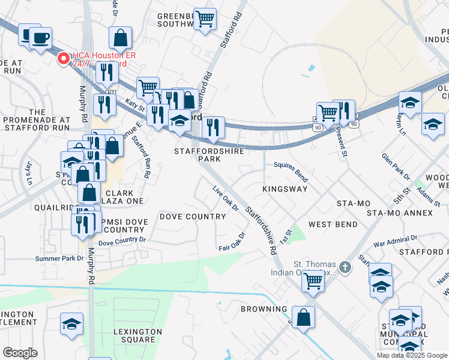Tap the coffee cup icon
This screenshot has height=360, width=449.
point(41,38)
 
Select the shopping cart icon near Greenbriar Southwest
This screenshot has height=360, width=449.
point(205,19)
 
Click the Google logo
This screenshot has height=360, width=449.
point(20,353)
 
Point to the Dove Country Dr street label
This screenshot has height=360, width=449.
point(122,242)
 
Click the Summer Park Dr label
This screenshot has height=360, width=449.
point(59,259)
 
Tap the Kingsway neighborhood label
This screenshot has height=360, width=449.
point(285,189)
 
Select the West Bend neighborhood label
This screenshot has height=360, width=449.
point(333,224)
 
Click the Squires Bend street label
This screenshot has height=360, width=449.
point(291,171)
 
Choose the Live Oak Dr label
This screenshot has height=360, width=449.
point(226,199)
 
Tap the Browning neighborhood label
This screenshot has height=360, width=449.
point(264,309)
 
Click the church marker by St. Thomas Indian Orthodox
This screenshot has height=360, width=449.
point(345,266)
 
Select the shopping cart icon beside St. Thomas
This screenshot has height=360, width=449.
point(313,280)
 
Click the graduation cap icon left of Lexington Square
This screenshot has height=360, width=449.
point(71,324)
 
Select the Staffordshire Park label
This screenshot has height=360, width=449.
point(209,155)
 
